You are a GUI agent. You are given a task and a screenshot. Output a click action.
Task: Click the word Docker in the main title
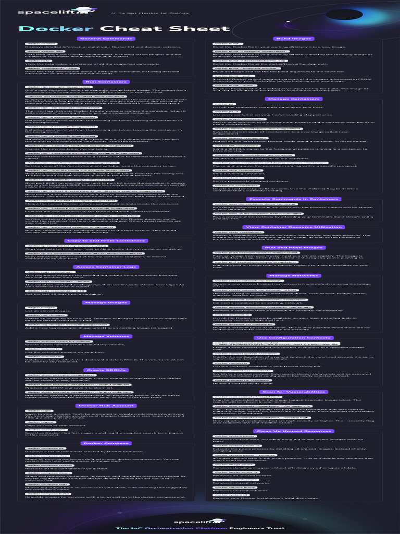tap(56, 29)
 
